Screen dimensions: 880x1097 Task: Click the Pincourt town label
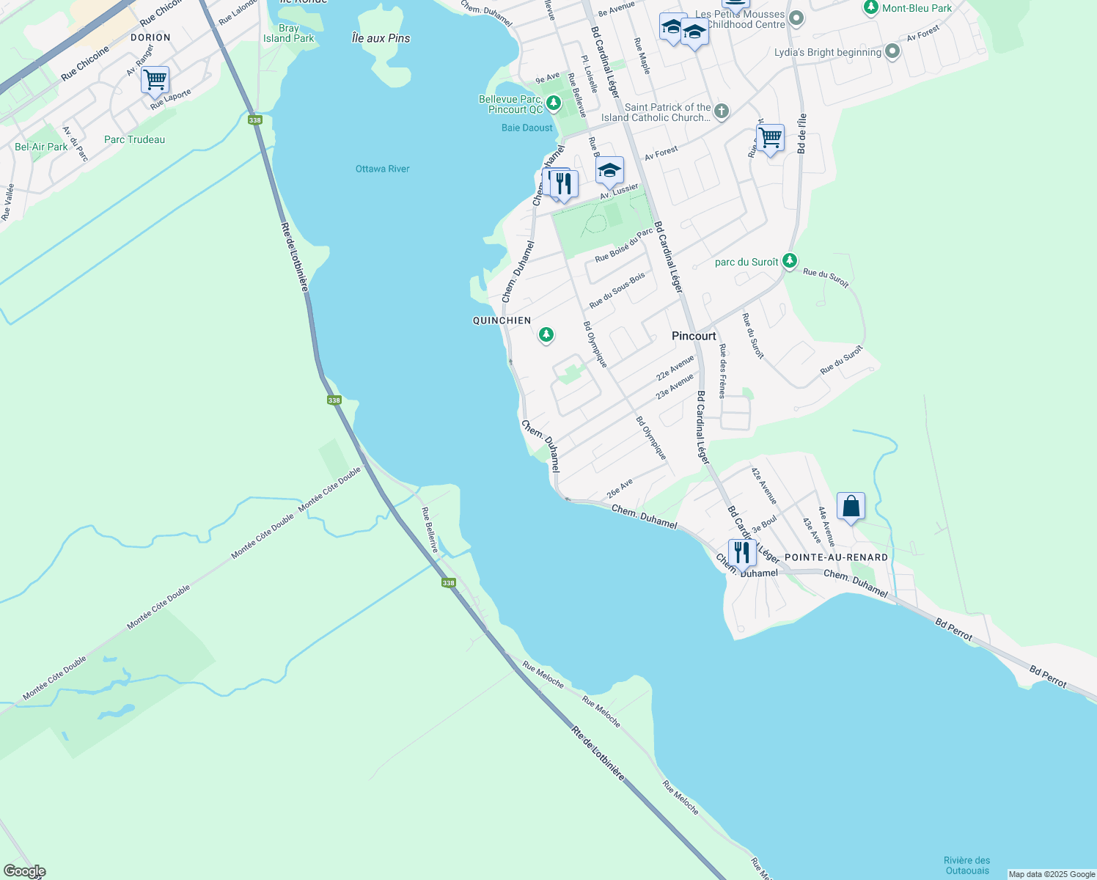pyautogui.click(x=694, y=336)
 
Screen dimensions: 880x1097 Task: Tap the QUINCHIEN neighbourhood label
pyautogui.click(x=502, y=320)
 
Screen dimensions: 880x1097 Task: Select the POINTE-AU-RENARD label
pyautogui.click(x=836, y=557)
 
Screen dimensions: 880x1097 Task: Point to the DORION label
pyautogui.click(x=150, y=37)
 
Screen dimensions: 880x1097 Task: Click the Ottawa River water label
pyautogui.click(x=382, y=169)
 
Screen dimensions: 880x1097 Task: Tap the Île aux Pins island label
pyautogui.click(x=381, y=38)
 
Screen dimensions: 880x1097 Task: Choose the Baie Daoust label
pyautogui.click(x=527, y=128)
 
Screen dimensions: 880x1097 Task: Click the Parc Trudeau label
pyautogui.click(x=134, y=139)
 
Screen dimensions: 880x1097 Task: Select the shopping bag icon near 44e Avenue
pyautogui.click(x=851, y=507)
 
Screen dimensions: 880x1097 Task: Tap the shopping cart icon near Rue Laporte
pyautogui.click(x=155, y=79)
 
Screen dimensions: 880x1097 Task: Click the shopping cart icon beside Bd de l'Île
pyautogui.click(x=770, y=137)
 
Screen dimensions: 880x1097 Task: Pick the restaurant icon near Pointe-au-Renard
pyautogui.click(x=742, y=553)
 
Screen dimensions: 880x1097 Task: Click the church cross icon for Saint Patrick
pyautogui.click(x=722, y=111)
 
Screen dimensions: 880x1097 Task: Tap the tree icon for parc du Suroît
pyautogui.click(x=789, y=260)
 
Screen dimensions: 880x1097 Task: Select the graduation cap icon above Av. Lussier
pyautogui.click(x=609, y=172)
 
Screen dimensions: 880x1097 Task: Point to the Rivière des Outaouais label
pyautogui.click(x=967, y=865)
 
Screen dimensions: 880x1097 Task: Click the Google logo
pyautogui.click(x=24, y=871)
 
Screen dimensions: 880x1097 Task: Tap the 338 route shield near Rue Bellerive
pyautogui.click(x=448, y=583)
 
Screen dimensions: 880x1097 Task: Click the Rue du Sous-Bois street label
pyautogui.click(x=617, y=290)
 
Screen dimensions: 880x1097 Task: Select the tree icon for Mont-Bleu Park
pyautogui.click(x=870, y=7)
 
